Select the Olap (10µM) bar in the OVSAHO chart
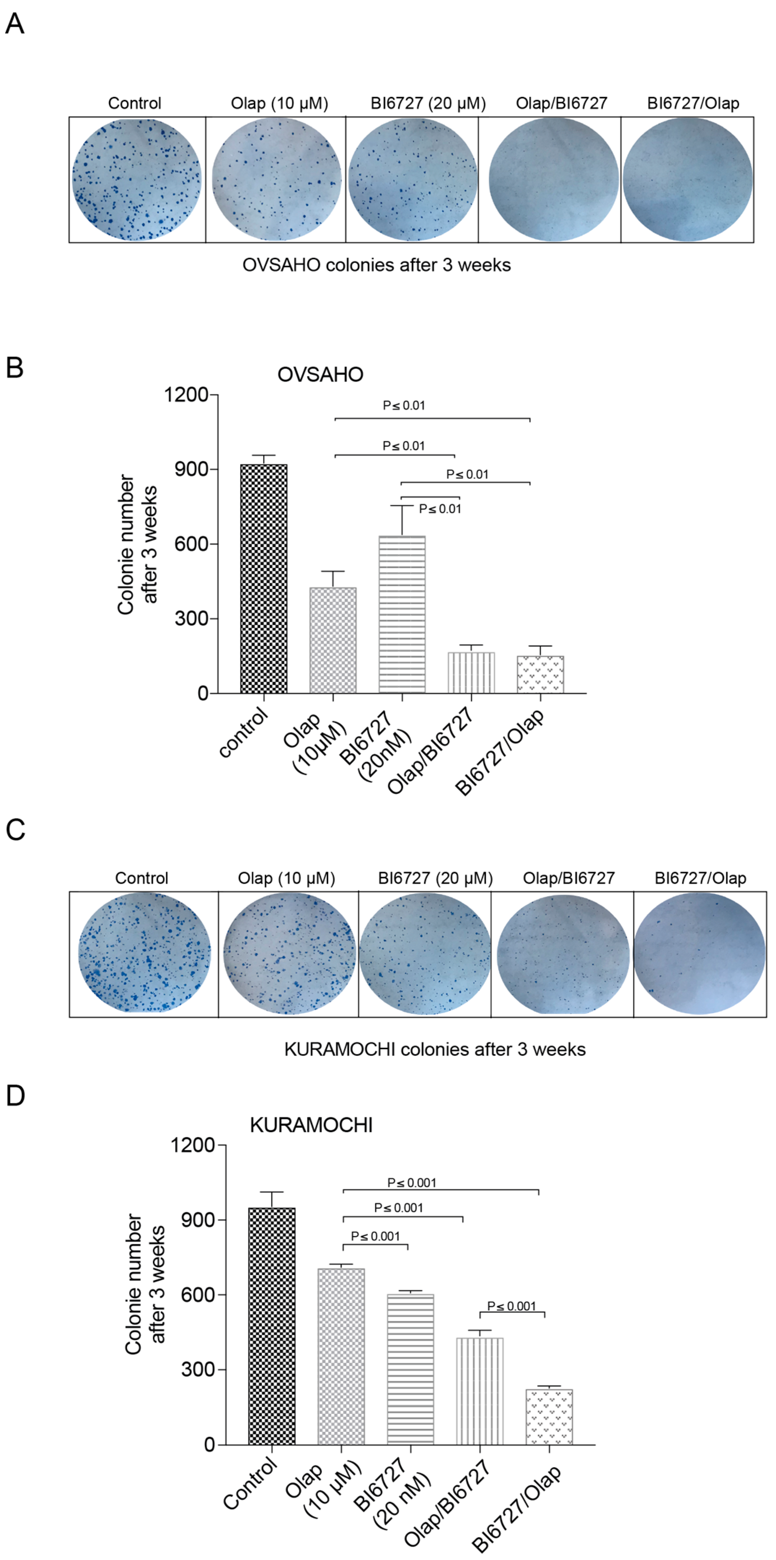pos(333,640)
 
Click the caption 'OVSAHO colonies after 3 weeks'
pos(377,265)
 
